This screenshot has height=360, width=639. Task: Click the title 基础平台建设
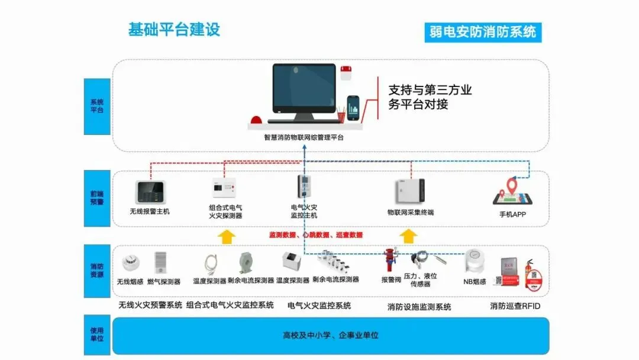(x=174, y=30)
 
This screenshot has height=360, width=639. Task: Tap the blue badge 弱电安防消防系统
(x=483, y=31)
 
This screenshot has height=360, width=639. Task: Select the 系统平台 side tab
(x=97, y=107)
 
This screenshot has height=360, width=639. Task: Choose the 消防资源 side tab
(x=97, y=271)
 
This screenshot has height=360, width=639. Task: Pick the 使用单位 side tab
(x=97, y=335)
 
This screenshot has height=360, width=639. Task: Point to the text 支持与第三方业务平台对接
(x=430, y=97)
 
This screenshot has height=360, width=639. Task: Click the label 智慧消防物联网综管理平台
(x=304, y=137)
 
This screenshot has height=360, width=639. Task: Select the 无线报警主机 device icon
(x=149, y=191)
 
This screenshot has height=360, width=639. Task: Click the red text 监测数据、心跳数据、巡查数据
(x=316, y=235)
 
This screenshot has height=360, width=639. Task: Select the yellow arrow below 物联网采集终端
(x=408, y=236)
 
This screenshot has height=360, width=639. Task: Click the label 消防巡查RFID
(x=515, y=306)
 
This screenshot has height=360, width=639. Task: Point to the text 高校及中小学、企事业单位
(x=330, y=336)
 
